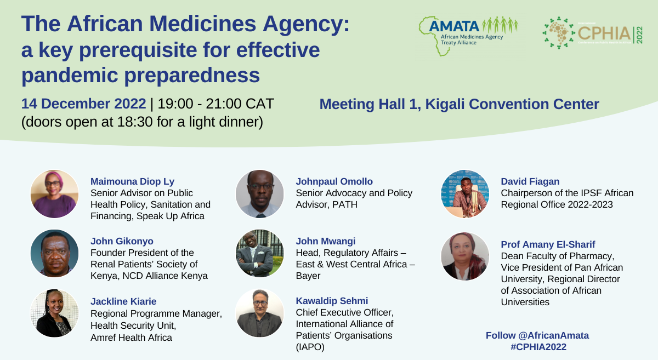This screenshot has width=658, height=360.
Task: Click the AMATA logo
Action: coord(468,36)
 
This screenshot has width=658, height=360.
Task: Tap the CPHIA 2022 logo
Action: coord(593,33)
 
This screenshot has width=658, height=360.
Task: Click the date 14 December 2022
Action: coord(83,104)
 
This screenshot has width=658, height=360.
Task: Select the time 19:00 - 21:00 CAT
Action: coord(216,104)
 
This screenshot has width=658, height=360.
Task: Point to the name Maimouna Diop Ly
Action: coord(133,181)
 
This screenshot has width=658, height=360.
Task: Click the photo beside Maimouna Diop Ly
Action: coord(55,194)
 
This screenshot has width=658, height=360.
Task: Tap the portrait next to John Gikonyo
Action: coord(55,253)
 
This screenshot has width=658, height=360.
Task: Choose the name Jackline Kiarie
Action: coord(123,301)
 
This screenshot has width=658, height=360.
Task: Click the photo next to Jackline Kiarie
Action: coord(55,313)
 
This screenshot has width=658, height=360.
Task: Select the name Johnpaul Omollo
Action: coord(334,181)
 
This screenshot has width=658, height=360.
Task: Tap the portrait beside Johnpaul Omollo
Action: coord(260,194)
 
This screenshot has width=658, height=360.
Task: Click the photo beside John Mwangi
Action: coord(260,253)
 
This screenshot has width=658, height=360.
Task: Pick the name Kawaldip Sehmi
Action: coord(332,301)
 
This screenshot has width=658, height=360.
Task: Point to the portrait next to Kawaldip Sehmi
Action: coord(260,313)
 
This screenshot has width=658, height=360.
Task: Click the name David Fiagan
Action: coord(530,181)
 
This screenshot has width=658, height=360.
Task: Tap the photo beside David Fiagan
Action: coord(465,194)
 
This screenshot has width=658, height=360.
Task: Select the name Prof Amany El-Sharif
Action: coord(548,244)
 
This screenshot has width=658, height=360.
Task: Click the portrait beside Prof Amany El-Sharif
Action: coord(465,256)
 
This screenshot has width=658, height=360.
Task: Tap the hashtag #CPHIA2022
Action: coord(538,347)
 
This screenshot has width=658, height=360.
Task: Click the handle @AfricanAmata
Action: coord(554,335)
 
